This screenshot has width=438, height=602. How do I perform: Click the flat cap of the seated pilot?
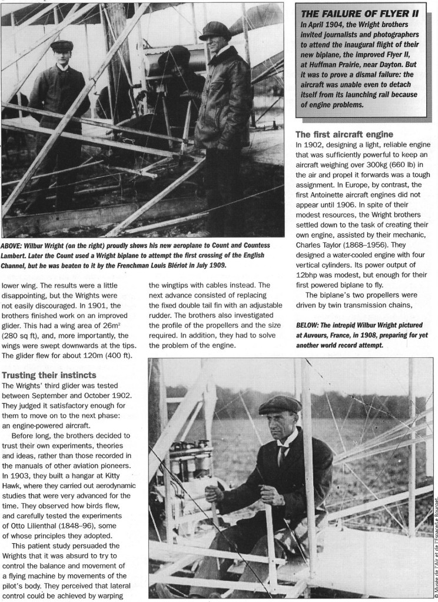point(280,404)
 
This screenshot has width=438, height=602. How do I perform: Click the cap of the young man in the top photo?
point(61,45)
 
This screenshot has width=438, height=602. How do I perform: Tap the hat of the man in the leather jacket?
point(214,29)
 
